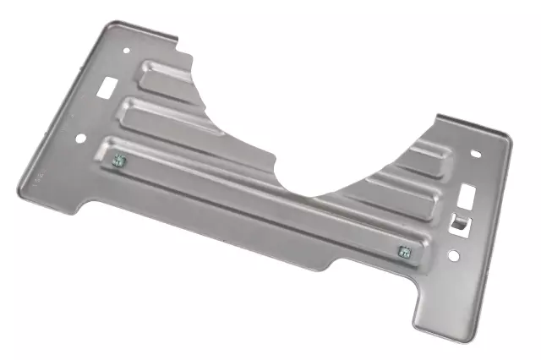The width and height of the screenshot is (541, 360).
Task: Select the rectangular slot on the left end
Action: click(x=109, y=85)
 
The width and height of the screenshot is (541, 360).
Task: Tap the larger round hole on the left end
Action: click(x=81, y=139)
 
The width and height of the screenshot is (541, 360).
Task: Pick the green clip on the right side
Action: click(x=404, y=250)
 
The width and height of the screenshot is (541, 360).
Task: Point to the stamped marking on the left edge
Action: click(x=36, y=180)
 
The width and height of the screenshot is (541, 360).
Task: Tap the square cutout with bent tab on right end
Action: click(x=458, y=222)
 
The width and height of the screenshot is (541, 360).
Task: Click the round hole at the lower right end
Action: click(x=453, y=255)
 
